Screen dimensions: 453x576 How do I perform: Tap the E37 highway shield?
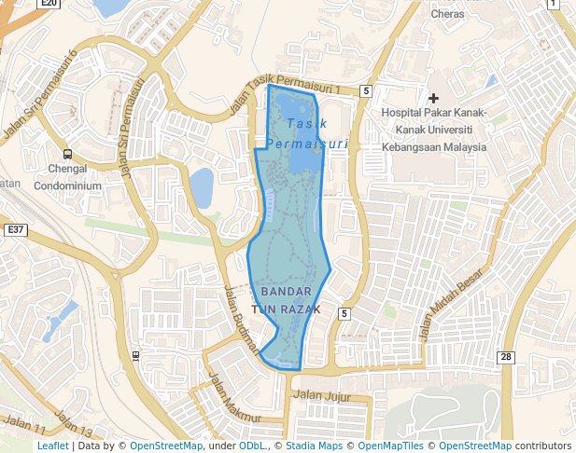click(x=14, y=229)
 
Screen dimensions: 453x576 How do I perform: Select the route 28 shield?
click(x=506, y=357)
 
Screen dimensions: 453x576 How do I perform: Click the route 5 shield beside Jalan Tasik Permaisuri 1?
click(x=366, y=90)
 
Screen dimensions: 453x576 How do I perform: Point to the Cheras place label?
click(x=448, y=14)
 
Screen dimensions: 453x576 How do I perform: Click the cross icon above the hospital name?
click(x=433, y=98)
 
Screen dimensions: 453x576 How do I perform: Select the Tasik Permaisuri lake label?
click(x=307, y=133)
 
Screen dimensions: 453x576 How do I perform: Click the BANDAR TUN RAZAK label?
click(x=287, y=300)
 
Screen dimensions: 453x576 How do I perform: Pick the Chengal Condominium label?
click(x=68, y=177)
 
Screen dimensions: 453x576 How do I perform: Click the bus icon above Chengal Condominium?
click(x=66, y=154)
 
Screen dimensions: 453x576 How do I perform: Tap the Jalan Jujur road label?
click(x=321, y=394)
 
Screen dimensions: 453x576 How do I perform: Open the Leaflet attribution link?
click(x=52, y=446)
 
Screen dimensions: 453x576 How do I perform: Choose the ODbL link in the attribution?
click(x=253, y=446)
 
